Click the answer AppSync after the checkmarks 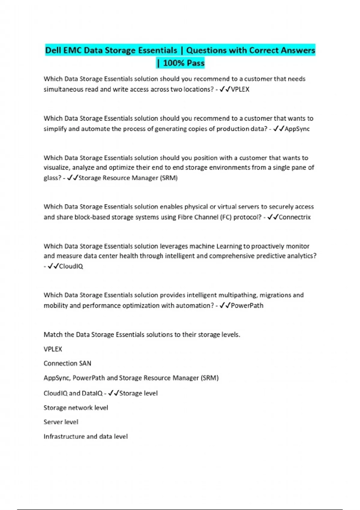click(x=297, y=129)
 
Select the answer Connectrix click(x=295, y=217)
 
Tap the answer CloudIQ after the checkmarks click(x=71, y=266)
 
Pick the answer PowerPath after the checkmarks click(x=247, y=306)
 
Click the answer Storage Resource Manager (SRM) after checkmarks click(x=128, y=178)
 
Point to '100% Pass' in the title click(x=184, y=63)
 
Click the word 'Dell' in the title click(x=53, y=50)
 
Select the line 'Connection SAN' click(x=67, y=364)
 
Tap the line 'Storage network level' click(x=76, y=408)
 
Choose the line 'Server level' click(x=61, y=422)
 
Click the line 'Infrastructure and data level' click(x=85, y=436)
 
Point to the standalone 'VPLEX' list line click(x=53, y=349)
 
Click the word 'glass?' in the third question click(x=52, y=178)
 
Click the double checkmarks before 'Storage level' click(x=113, y=393)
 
